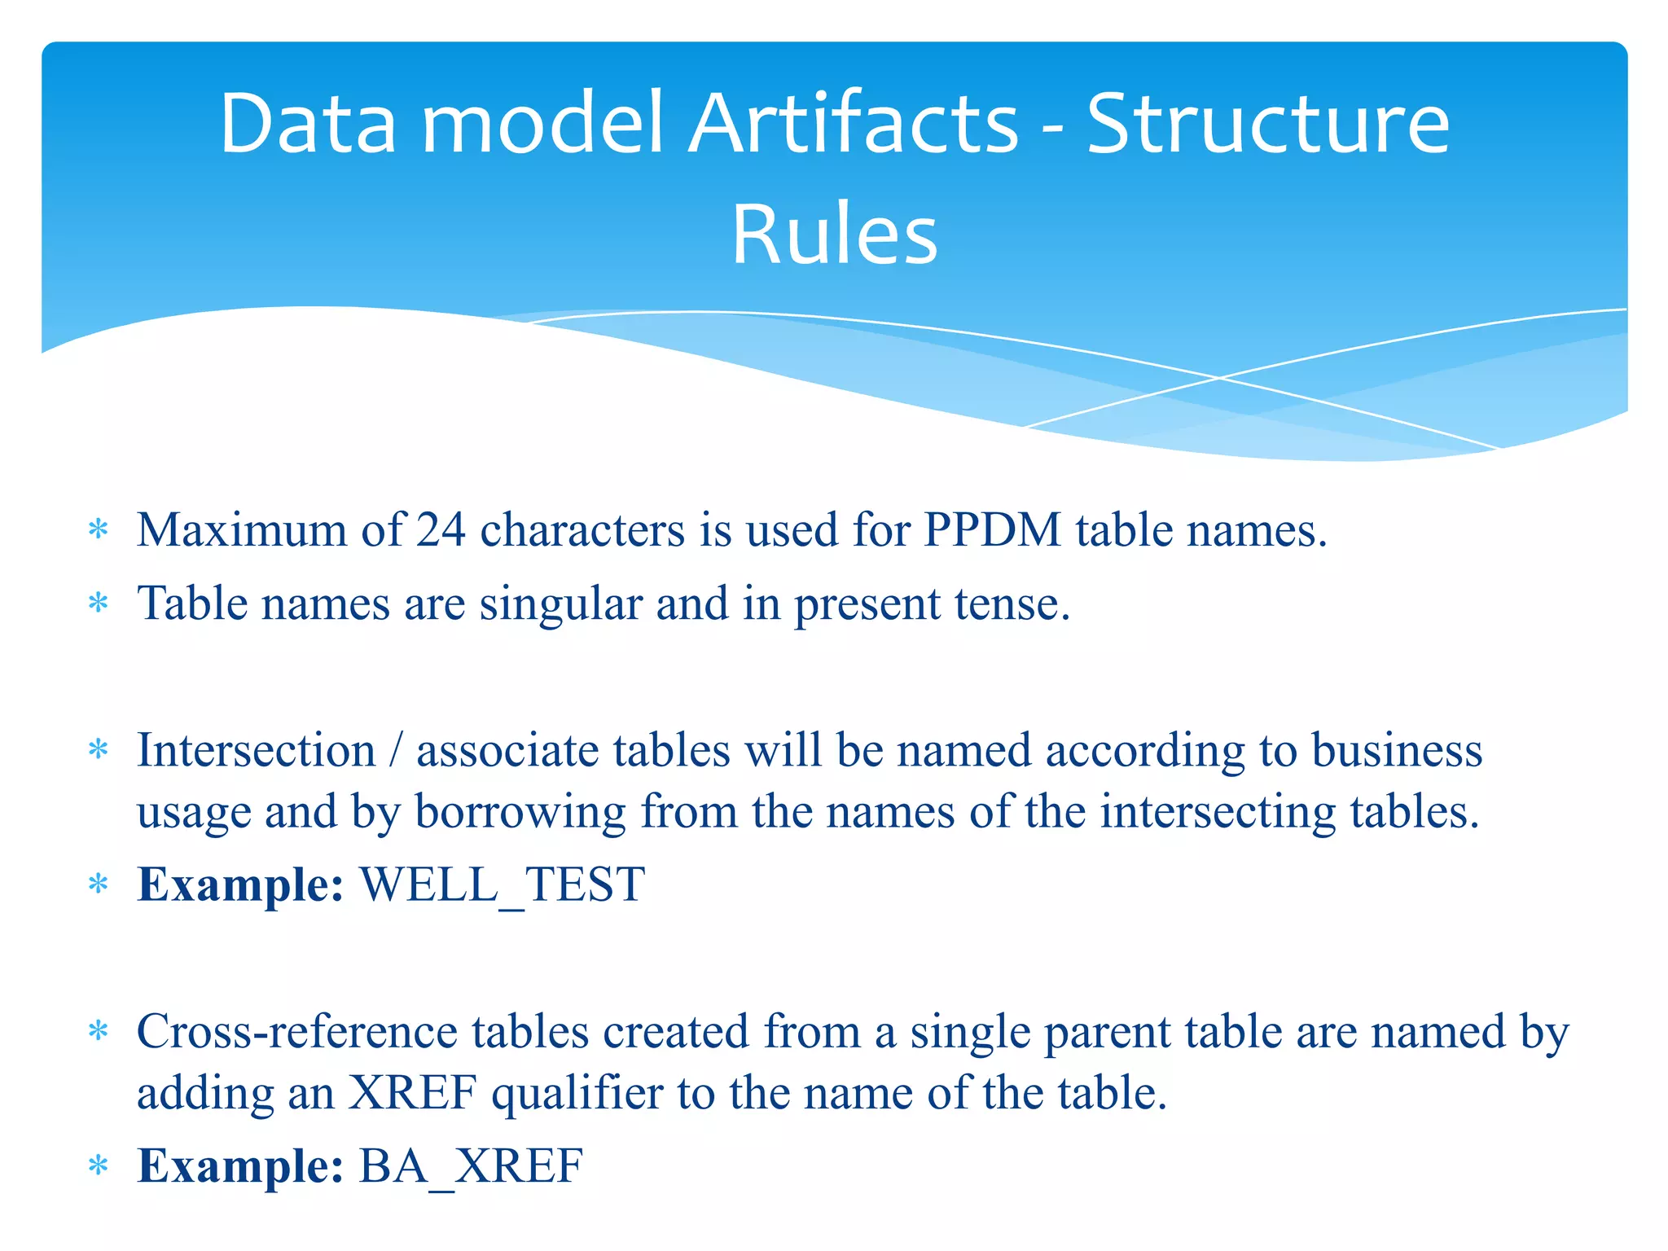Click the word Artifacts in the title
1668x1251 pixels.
(x=854, y=124)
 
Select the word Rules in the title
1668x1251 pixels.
(x=835, y=235)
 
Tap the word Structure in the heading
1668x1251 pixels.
(x=1268, y=124)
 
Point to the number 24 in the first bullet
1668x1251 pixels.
(x=441, y=530)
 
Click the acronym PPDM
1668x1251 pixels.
(x=992, y=530)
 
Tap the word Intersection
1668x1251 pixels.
(x=256, y=750)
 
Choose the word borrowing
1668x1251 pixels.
(x=520, y=812)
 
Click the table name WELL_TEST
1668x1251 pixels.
(x=503, y=885)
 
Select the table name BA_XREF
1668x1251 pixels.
(x=471, y=1166)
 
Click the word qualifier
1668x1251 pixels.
(x=577, y=1093)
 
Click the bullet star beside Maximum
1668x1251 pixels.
(x=99, y=531)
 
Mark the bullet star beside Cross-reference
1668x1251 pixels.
(x=99, y=1033)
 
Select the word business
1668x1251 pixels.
(x=1397, y=750)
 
